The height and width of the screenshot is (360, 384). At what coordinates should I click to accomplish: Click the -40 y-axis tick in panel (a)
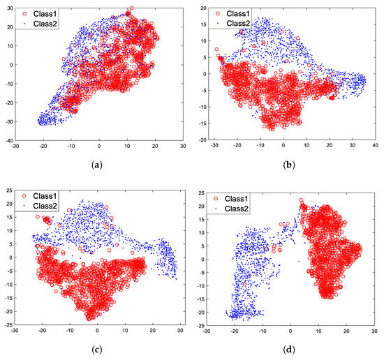(9, 140)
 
